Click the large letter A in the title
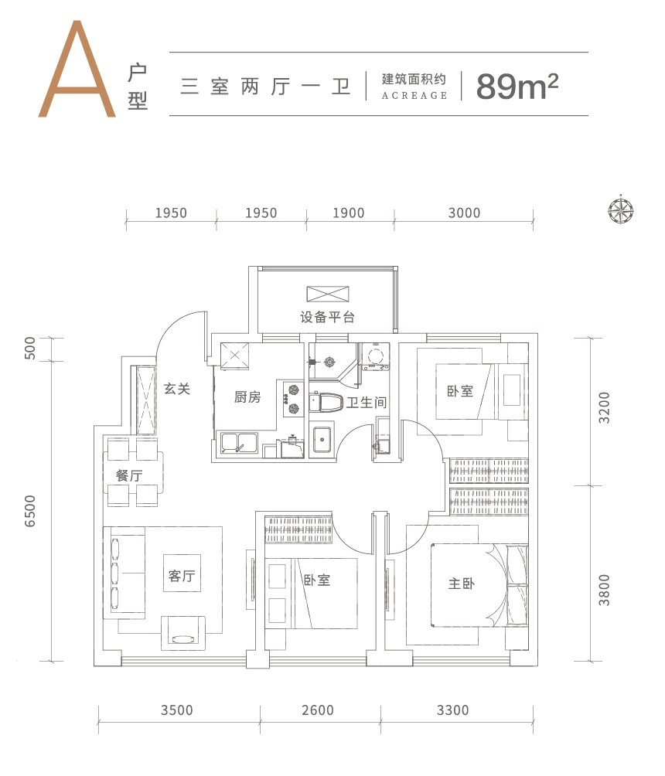click(77, 70)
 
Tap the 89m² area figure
click(517, 86)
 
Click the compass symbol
click(621, 209)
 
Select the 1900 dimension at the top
click(349, 213)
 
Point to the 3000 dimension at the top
click(465, 213)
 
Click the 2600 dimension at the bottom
click(318, 710)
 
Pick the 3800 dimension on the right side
click(604, 590)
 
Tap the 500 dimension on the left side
click(30, 348)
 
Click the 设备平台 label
click(327, 317)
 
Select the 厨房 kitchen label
click(247, 397)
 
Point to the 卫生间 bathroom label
click(367, 403)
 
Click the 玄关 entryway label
click(177, 389)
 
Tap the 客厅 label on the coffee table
click(182, 576)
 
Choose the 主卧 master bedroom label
click(462, 584)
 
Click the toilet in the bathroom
click(326, 403)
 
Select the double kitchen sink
click(239, 443)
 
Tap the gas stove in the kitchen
click(294, 399)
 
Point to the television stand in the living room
click(182, 634)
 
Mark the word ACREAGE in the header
click(414, 96)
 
